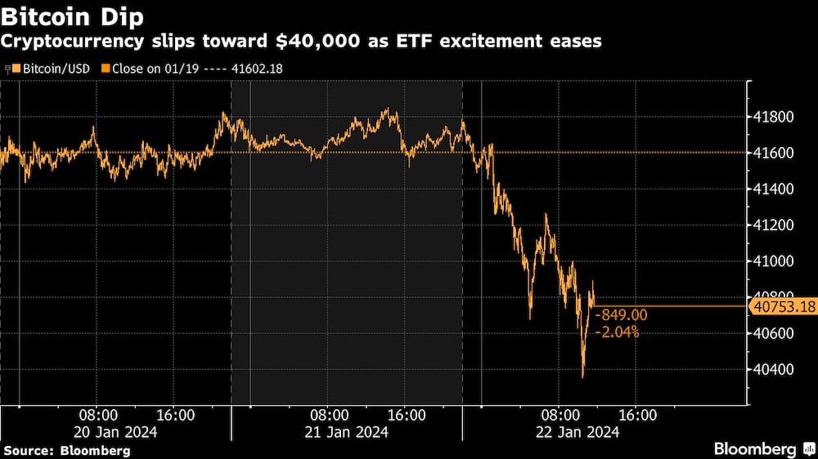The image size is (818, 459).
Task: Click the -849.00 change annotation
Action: (x=622, y=315)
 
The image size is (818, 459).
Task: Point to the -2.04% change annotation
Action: (x=618, y=332)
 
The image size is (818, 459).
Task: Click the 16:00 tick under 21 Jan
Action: (x=407, y=415)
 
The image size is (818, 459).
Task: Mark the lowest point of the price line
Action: (x=583, y=377)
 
